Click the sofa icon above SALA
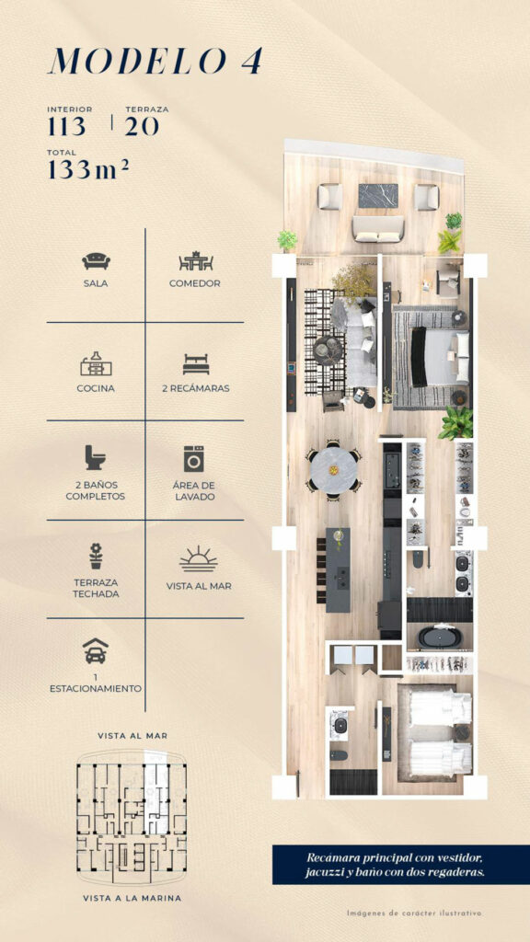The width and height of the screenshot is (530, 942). pyautogui.click(x=96, y=260)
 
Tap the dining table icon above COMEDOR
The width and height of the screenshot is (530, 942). pyautogui.click(x=196, y=260)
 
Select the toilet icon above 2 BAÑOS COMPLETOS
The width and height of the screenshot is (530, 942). pyautogui.click(x=95, y=457)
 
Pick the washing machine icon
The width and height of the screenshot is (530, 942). pyautogui.click(x=194, y=458)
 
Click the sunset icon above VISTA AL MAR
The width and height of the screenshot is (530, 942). pyautogui.click(x=199, y=558)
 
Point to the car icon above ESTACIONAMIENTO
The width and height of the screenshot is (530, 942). pyautogui.click(x=96, y=650)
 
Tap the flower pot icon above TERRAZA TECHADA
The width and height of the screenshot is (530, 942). pyautogui.click(x=96, y=556)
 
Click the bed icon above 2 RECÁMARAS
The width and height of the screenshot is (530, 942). pyautogui.click(x=196, y=364)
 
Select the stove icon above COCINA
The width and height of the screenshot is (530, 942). pyautogui.click(x=96, y=363)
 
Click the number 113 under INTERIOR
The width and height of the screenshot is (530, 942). pyautogui.click(x=66, y=127)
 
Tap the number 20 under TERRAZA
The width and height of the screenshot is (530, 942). pyautogui.click(x=142, y=127)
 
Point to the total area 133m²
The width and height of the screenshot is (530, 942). pyautogui.click(x=88, y=169)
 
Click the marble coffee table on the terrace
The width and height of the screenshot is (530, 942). pyautogui.click(x=378, y=196)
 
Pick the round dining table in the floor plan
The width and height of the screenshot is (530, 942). pyautogui.click(x=334, y=470)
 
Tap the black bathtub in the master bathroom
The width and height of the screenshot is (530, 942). pyautogui.click(x=438, y=637)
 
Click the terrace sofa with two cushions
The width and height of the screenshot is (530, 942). pyautogui.click(x=378, y=229)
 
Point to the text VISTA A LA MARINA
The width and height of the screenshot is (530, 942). pyautogui.click(x=132, y=898)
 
